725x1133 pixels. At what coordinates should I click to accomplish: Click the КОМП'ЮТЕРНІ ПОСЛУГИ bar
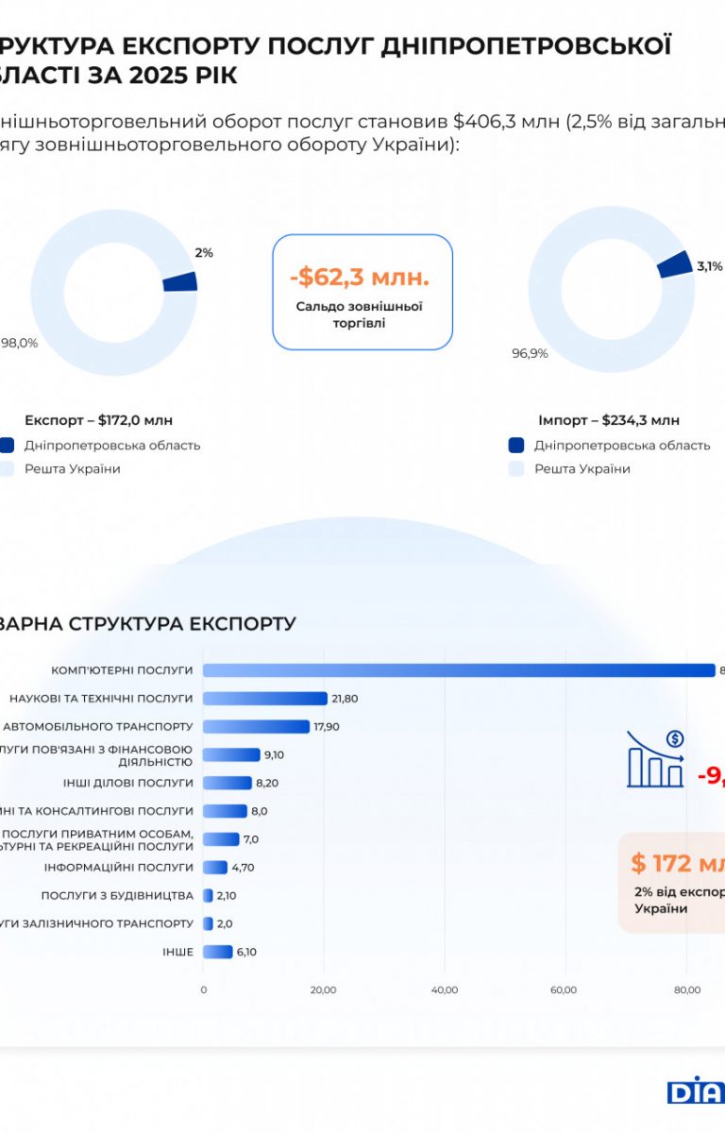click(x=459, y=670)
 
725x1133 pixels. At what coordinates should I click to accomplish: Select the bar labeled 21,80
click(x=265, y=699)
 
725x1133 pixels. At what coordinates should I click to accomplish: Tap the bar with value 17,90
click(x=256, y=727)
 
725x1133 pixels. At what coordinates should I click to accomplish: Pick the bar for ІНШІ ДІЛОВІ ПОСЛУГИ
click(x=228, y=783)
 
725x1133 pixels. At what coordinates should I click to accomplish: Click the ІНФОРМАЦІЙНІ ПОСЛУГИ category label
click(x=118, y=867)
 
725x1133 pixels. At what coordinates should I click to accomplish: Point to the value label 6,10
click(x=246, y=952)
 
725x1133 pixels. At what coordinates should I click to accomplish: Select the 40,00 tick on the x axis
click(x=445, y=989)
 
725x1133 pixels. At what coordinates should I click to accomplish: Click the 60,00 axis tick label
click(x=565, y=989)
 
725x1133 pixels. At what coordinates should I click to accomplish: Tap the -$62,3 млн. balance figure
click(x=359, y=278)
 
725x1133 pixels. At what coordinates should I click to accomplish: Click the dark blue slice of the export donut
click(x=180, y=281)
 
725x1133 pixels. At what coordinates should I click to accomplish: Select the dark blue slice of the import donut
click(x=673, y=264)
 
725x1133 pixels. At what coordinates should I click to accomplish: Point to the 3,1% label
click(x=709, y=266)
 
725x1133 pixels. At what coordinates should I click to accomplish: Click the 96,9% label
click(x=530, y=353)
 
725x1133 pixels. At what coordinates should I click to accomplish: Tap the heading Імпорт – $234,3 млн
click(x=609, y=420)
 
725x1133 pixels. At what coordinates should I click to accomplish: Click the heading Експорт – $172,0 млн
click(x=98, y=420)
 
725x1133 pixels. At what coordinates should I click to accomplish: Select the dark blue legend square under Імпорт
click(x=515, y=446)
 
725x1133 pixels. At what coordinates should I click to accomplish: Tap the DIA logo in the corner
click(x=696, y=1090)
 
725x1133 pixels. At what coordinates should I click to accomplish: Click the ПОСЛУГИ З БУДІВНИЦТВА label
click(x=117, y=895)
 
